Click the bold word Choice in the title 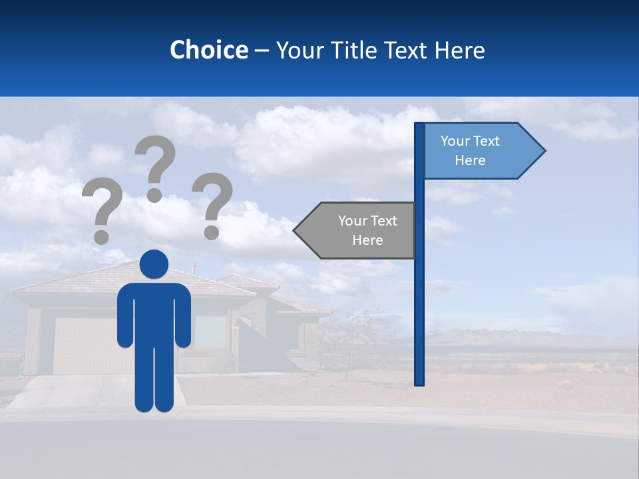tap(208, 50)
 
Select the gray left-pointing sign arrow tap(359, 230)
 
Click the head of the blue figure tap(154, 264)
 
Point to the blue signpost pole tap(419, 299)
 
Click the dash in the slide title tap(262, 50)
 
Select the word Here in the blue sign tap(470, 160)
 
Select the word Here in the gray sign tap(367, 240)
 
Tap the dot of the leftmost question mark tap(101, 236)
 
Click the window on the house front tap(210, 331)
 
